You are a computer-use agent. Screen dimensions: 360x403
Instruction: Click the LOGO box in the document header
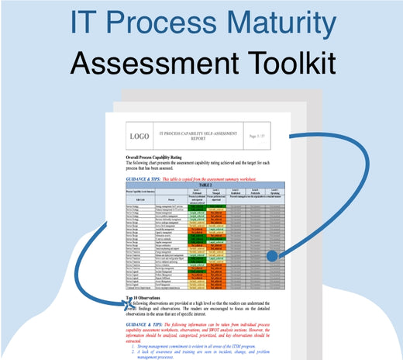(139, 136)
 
